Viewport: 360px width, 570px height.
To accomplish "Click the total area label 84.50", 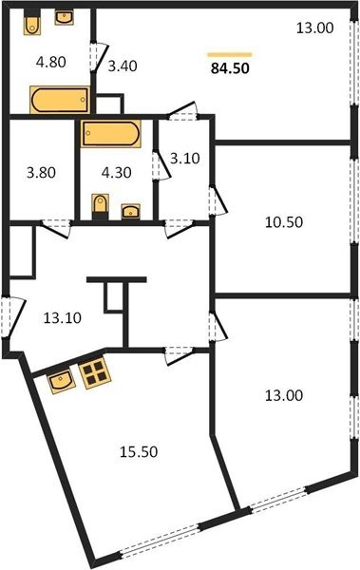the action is pyautogui.click(x=230, y=68).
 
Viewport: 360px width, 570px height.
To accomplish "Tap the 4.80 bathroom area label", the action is pyautogui.click(x=51, y=62).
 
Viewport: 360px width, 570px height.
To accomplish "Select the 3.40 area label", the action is pyautogui.click(x=123, y=66).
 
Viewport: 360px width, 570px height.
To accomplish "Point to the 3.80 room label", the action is pyautogui.click(x=41, y=172).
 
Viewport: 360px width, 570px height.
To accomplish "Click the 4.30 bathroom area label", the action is pyautogui.click(x=117, y=172).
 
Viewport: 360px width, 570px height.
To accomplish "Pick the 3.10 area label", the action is pyautogui.click(x=185, y=158).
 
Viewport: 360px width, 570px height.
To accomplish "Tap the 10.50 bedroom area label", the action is pyautogui.click(x=284, y=221).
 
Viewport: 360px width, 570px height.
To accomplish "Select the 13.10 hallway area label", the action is pyautogui.click(x=63, y=317).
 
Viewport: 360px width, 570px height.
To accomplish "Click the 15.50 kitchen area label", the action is pyautogui.click(x=139, y=451).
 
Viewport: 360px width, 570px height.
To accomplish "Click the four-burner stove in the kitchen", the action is pyautogui.click(x=95, y=372).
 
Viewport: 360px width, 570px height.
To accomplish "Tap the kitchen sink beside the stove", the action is pyautogui.click(x=62, y=381).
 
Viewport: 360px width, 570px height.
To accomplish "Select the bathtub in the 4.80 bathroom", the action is pyautogui.click(x=60, y=100).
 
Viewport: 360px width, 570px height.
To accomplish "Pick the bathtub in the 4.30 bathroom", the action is pyautogui.click(x=111, y=133).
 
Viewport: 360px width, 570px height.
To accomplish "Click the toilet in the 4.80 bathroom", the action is pyautogui.click(x=32, y=23).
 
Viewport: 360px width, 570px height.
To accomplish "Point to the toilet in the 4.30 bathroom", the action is pyautogui.click(x=101, y=206).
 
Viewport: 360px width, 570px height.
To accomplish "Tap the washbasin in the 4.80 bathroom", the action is pyautogui.click(x=65, y=17).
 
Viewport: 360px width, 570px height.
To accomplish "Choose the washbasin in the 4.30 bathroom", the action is pyautogui.click(x=130, y=211).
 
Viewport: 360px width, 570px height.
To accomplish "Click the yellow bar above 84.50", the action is pyautogui.click(x=230, y=55).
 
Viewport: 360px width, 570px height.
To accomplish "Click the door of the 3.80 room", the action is pyautogui.click(x=55, y=229).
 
